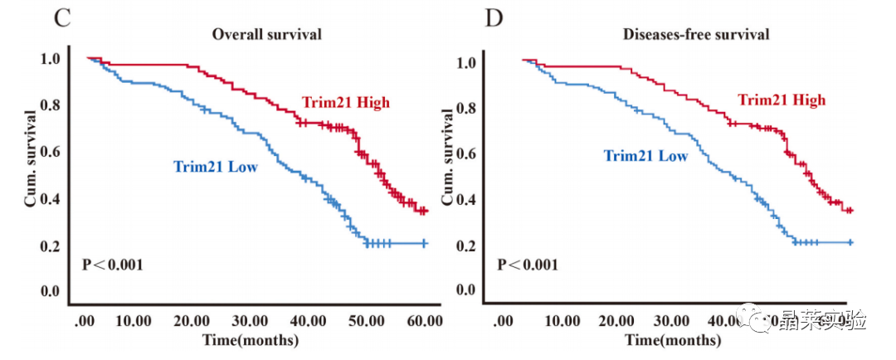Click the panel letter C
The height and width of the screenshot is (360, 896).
point(61,17)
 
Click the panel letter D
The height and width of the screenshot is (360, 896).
point(494,17)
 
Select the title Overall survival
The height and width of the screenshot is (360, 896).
point(266,34)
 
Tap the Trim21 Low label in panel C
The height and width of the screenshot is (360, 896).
point(215,167)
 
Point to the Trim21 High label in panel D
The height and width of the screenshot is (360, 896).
point(782,100)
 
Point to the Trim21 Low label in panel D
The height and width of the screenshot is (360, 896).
point(645,156)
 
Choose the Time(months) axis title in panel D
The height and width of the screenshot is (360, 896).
point(673,339)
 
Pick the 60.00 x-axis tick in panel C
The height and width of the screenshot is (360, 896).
point(423,321)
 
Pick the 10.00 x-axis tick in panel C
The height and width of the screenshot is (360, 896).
point(133,321)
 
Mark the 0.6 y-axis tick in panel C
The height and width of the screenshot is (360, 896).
point(50,152)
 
